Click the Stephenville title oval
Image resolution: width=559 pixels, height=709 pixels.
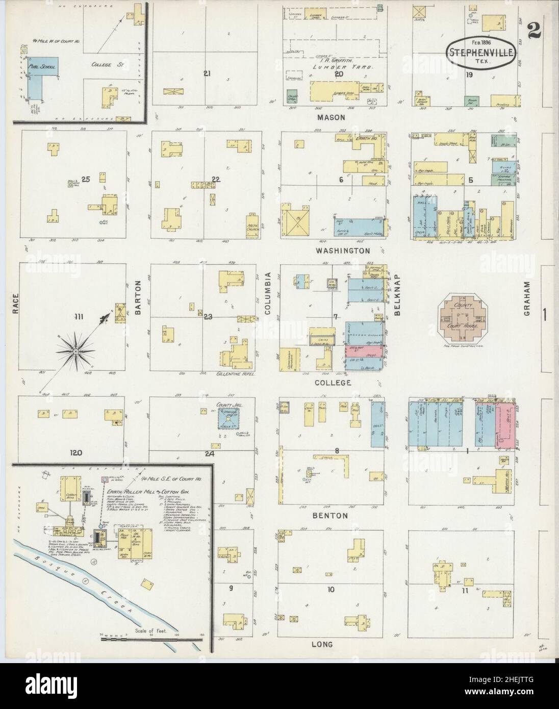(x=481, y=52)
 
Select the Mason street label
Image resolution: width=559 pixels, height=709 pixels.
(x=331, y=117)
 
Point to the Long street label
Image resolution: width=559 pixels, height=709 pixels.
(x=322, y=644)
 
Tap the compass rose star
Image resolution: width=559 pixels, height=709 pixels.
(x=75, y=351)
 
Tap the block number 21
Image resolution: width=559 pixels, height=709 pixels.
(x=207, y=73)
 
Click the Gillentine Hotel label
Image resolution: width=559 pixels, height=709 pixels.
(x=235, y=374)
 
